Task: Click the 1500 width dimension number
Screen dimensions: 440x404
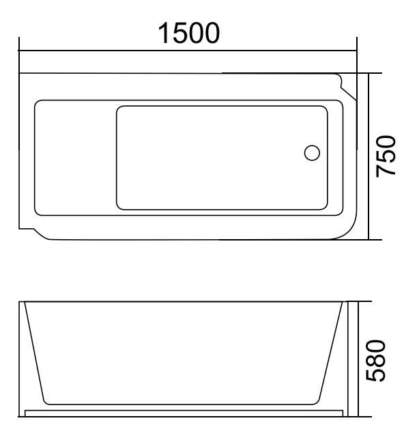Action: [189, 32]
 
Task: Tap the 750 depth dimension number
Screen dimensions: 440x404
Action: [386, 156]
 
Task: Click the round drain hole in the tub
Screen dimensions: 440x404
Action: [312, 153]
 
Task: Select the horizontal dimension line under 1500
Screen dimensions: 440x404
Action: [189, 50]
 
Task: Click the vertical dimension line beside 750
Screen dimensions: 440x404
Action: [369, 156]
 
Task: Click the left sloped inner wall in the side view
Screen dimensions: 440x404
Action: [35, 353]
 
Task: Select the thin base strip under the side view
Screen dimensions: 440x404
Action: [184, 413]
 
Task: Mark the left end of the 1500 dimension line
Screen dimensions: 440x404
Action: [20, 50]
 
